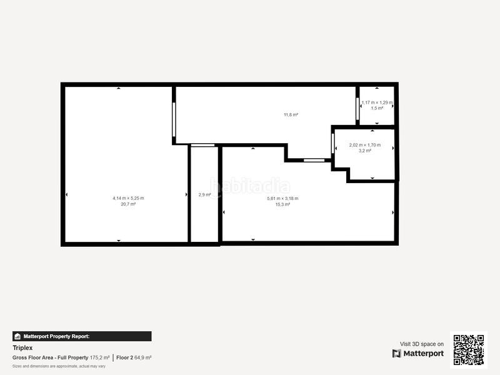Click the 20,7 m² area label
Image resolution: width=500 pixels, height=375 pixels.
click(128, 204)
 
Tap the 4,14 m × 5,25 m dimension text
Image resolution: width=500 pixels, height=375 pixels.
click(128, 198)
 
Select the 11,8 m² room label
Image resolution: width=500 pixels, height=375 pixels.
click(291, 114)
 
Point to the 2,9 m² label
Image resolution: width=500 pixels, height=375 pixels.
click(204, 195)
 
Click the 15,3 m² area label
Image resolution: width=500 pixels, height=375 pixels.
click(282, 204)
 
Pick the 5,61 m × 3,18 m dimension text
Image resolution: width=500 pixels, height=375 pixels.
click(282, 198)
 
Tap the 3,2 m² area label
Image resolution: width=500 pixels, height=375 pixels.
click(364, 151)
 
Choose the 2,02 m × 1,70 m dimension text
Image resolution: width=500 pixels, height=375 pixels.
click(364, 145)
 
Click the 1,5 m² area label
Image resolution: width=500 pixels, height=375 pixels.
click(377, 108)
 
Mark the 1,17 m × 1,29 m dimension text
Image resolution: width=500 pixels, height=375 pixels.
click(377, 102)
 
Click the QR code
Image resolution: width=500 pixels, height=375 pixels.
click(468, 349)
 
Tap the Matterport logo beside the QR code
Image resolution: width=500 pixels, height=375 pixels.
click(418, 354)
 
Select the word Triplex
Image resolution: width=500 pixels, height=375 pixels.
click(22, 347)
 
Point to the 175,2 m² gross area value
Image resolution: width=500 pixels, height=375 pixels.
click(99, 357)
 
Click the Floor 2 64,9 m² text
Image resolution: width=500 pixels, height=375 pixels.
click(134, 357)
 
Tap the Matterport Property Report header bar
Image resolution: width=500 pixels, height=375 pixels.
click(82, 336)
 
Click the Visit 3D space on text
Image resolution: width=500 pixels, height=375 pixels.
click(422, 344)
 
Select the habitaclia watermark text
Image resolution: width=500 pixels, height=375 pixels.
click(250, 186)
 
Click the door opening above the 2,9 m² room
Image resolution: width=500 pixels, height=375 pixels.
click(203, 146)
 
